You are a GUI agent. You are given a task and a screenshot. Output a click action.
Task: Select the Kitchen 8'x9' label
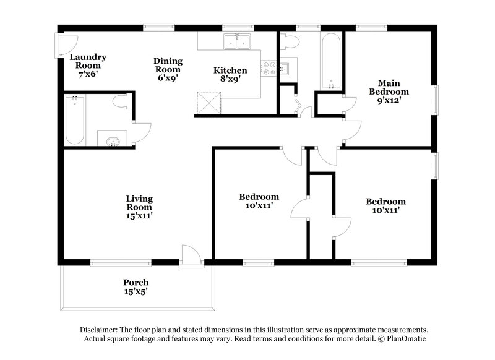[x=230, y=75]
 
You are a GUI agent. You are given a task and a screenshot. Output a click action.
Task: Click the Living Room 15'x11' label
[x=139, y=207]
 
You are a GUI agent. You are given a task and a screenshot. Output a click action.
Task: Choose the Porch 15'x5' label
[x=135, y=286]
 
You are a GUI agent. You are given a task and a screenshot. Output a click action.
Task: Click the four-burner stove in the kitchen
[x=269, y=67]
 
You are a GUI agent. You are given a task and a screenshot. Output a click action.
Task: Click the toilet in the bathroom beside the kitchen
[x=289, y=42]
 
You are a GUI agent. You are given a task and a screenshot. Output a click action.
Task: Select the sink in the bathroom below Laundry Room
[x=112, y=142]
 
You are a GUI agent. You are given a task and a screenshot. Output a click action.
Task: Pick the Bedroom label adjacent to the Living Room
[x=259, y=201]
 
